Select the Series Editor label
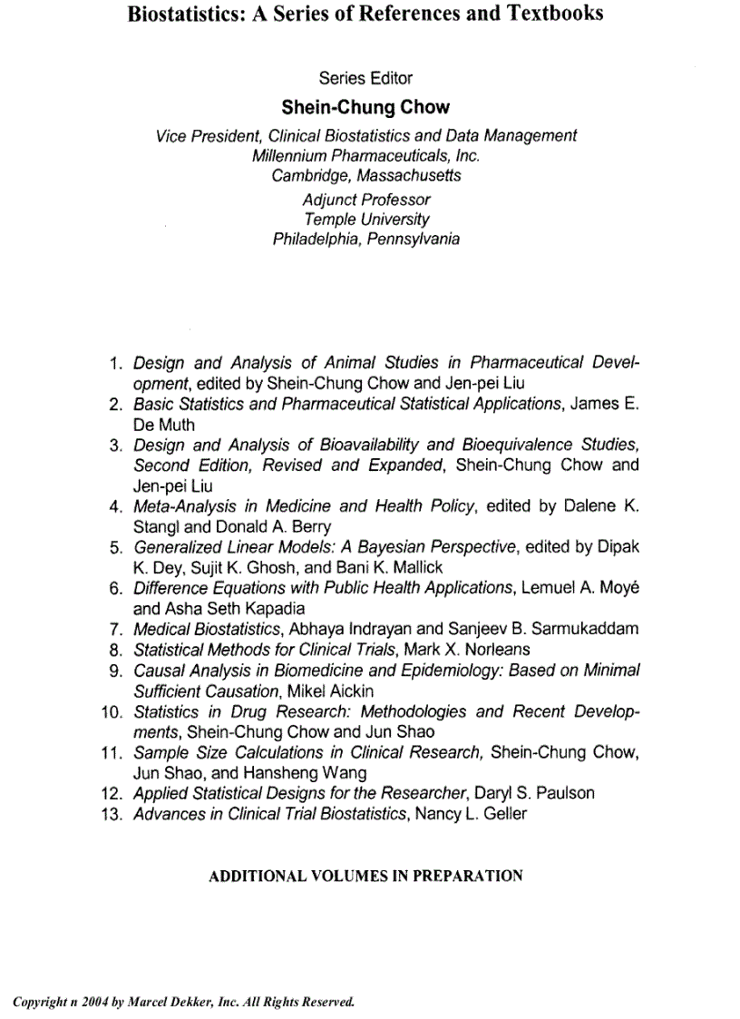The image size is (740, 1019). pos(365,78)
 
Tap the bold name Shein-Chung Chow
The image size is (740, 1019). pos(365,107)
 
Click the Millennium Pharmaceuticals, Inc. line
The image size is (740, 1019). pos(365,155)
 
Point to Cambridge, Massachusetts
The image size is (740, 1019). pos(365,175)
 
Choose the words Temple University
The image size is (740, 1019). pos(365,219)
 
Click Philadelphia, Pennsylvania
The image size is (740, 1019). pos(365,240)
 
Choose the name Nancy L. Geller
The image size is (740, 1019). pos(470,814)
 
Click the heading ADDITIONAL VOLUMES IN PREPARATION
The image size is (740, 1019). pos(365,877)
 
